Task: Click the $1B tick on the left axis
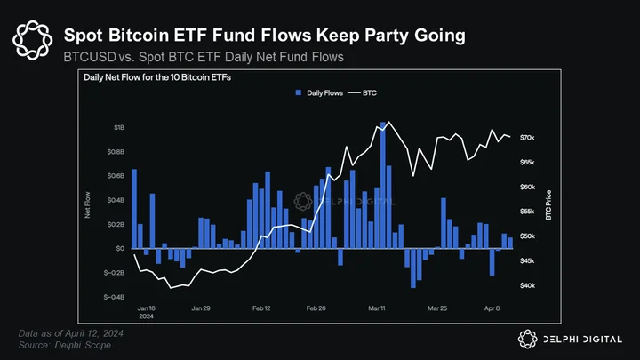click(x=119, y=128)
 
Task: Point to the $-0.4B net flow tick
click(x=114, y=297)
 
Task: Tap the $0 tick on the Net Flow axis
click(x=120, y=248)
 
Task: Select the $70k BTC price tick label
click(x=527, y=138)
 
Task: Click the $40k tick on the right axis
click(x=527, y=285)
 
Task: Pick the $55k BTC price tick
click(x=527, y=212)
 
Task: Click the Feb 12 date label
click(x=261, y=308)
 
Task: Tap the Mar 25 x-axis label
click(x=437, y=308)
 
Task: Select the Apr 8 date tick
click(x=492, y=308)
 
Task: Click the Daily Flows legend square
click(x=299, y=92)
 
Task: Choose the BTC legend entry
click(x=362, y=92)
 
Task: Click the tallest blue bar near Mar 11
click(x=383, y=185)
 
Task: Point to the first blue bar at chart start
click(x=134, y=209)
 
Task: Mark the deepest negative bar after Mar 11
click(x=413, y=268)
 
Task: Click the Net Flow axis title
click(x=87, y=205)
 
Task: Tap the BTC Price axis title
click(x=548, y=205)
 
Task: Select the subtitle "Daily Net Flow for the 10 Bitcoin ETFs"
click(x=157, y=77)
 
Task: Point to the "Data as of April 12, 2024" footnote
click(x=70, y=333)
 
